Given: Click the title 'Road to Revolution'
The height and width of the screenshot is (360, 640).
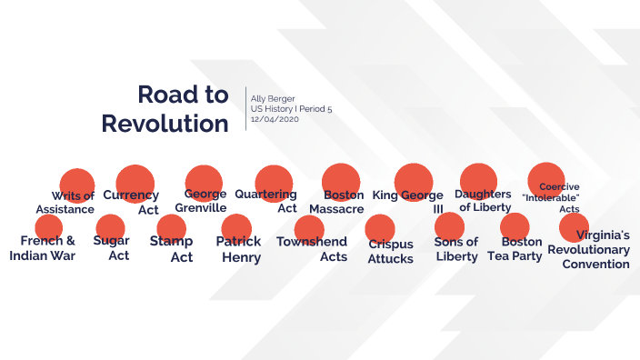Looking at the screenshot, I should [x=165, y=108].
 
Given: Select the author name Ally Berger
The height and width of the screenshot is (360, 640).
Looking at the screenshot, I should [x=274, y=98].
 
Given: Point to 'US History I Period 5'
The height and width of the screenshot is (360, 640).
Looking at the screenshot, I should [x=292, y=109].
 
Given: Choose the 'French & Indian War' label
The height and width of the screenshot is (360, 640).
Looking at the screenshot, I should [x=43, y=248].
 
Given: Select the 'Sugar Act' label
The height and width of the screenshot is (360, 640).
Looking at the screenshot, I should [x=111, y=248].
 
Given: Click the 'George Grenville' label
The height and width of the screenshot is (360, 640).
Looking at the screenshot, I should [x=201, y=201].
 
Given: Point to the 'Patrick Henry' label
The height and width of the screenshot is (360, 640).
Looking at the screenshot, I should [x=238, y=249].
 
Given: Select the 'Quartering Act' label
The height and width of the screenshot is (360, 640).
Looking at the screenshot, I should [x=266, y=201].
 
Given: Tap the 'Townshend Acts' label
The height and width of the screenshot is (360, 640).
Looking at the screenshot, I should [x=312, y=249].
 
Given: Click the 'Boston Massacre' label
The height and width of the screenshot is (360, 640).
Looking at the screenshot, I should [x=337, y=202].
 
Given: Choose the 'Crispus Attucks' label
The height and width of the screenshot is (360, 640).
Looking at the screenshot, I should [x=391, y=251].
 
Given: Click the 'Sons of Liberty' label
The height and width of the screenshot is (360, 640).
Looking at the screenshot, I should [x=456, y=249].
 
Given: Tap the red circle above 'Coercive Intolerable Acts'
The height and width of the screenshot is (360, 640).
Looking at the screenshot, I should [x=546, y=178].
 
